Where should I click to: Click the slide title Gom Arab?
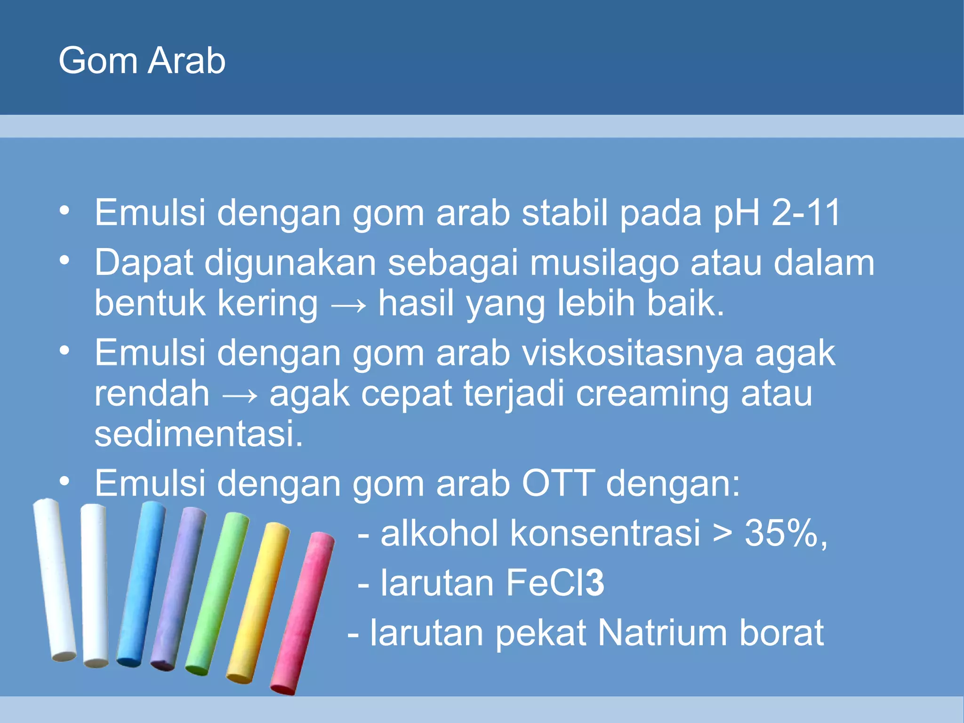coord(142,61)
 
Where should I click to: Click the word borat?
coord(781,633)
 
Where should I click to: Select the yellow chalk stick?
coord(258,602)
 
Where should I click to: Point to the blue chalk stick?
coord(140,584)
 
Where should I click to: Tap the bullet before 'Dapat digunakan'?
coord(64,260)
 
